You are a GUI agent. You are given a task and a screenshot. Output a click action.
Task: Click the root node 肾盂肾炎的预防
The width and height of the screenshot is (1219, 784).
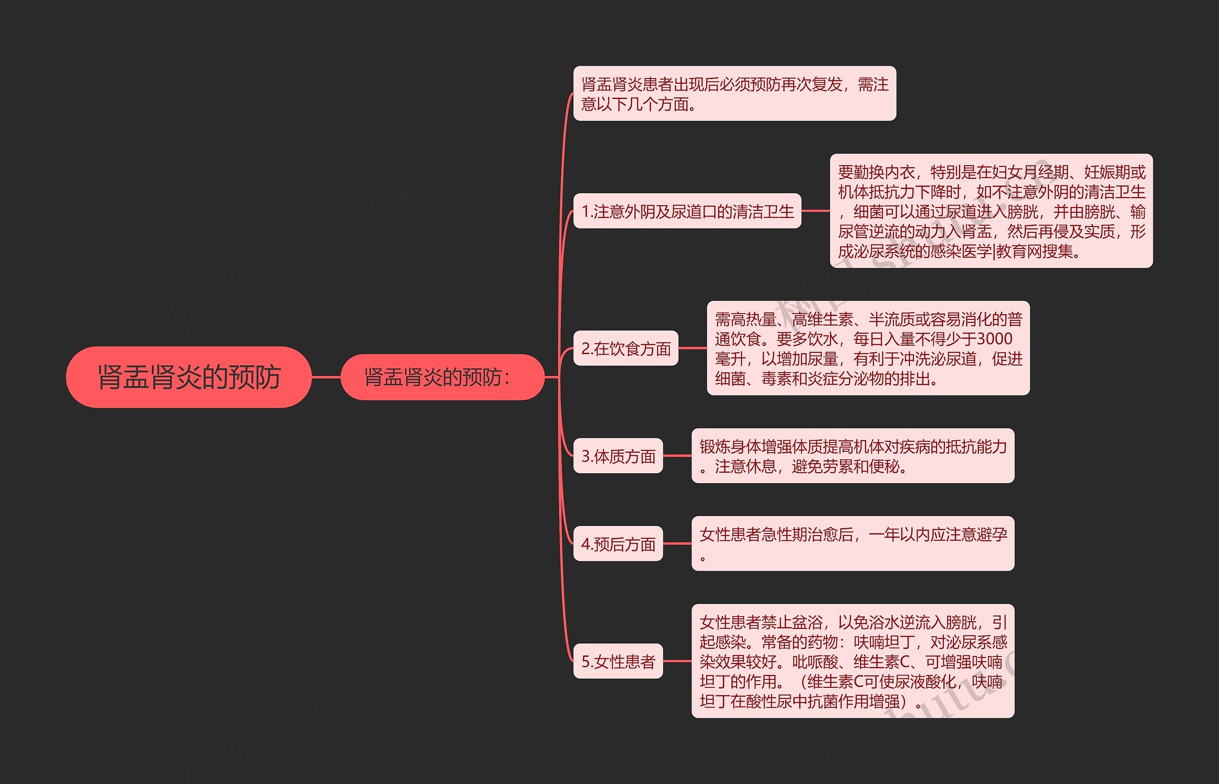tap(189, 377)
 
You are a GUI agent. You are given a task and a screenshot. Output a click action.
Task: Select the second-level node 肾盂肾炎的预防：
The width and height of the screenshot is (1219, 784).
tap(442, 377)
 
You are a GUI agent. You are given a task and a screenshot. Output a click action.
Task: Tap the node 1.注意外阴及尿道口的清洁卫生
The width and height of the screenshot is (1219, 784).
tap(687, 211)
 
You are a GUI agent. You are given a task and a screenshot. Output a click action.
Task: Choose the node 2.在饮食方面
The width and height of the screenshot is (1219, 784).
tap(625, 349)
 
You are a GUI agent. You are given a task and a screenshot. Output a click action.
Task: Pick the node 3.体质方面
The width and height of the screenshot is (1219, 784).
tap(618, 456)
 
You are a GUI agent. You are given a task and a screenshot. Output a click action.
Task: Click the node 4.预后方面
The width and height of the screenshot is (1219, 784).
tap(618, 544)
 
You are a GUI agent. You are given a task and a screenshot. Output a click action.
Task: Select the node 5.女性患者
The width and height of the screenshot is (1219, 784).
tap(618, 661)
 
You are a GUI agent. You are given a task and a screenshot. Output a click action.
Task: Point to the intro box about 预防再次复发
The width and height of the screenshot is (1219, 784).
tap(734, 94)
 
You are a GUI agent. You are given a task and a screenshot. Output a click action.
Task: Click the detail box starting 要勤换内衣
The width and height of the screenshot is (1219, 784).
tap(991, 211)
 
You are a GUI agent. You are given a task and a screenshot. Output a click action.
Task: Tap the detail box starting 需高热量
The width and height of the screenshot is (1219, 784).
tap(868, 349)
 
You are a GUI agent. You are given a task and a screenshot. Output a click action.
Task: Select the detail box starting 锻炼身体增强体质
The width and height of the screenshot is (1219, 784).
tap(852, 456)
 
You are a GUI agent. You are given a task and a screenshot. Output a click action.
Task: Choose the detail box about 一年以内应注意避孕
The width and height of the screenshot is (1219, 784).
tap(852, 544)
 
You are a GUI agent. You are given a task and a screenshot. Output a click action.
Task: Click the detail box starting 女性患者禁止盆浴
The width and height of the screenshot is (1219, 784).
tap(852, 661)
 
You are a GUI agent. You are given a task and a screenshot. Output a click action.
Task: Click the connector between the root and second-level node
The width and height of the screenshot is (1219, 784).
tap(326, 377)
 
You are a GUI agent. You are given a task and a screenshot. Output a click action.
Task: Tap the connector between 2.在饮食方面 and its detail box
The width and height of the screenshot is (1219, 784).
tap(692, 349)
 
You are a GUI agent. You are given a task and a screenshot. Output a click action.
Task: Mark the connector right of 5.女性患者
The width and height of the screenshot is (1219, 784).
tap(677, 661)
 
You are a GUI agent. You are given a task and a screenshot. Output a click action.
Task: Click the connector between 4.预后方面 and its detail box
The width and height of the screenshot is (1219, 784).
tap(677, 544)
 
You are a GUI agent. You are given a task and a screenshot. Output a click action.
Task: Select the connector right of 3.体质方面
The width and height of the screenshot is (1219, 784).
tap(677, 456)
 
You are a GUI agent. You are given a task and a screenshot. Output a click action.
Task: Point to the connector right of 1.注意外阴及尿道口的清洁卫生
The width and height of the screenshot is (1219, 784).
tap(816, 211)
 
